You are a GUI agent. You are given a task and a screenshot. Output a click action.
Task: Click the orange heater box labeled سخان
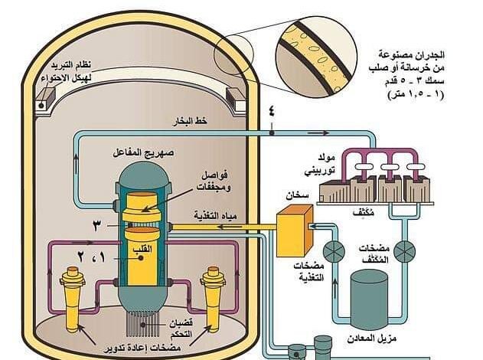point(294,231)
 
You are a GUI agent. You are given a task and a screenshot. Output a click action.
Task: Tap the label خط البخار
point(190,121)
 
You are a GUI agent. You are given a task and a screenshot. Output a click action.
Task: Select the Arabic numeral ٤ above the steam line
point(272,111)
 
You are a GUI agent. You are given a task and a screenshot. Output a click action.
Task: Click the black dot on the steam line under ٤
point(272,133)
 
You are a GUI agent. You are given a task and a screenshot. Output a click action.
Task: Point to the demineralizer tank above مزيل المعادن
point(370,299)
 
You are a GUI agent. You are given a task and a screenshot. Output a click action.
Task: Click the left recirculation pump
point(73,299)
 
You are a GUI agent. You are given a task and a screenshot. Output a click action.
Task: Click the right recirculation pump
point(213,299)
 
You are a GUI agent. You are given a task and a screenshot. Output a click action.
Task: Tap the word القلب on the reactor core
point(142,249)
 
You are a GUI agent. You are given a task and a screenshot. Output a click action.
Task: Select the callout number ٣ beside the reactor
point(96,227)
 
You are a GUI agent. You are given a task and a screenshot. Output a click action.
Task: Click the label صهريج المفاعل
point(143,153)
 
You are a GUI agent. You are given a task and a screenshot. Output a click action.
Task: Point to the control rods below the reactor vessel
point(142,324)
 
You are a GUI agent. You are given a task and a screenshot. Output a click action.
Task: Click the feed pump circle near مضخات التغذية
point(334,252)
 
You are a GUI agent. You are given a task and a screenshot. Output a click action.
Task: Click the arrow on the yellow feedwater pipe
point(230,227)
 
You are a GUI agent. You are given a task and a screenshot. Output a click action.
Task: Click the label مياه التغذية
point(216,216)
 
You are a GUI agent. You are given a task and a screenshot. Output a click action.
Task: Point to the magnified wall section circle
point(316,58)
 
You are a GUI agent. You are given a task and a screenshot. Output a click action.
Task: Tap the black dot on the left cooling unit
point(41,106)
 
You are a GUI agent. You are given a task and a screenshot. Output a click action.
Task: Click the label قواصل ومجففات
point(214,182)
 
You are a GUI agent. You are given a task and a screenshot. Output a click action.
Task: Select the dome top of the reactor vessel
point(144,174)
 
